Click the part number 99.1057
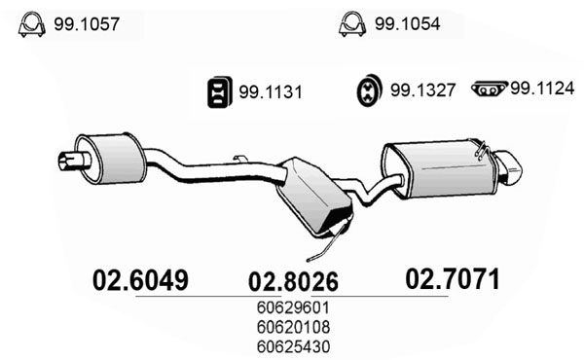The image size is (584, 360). click(87, 24)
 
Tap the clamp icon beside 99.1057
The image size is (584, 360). click(32, 24)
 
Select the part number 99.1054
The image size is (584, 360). click(408, 23)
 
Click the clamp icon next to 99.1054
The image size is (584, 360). click(352, 24)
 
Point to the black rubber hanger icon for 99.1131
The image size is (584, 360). click(220, 92)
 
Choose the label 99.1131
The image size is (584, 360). click(271, 92)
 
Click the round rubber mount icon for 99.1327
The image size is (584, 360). click(369, 90)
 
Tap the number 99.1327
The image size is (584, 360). click(422, 90)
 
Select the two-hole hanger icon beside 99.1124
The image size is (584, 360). click(490, 89)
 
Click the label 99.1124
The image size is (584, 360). click(542, 89)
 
